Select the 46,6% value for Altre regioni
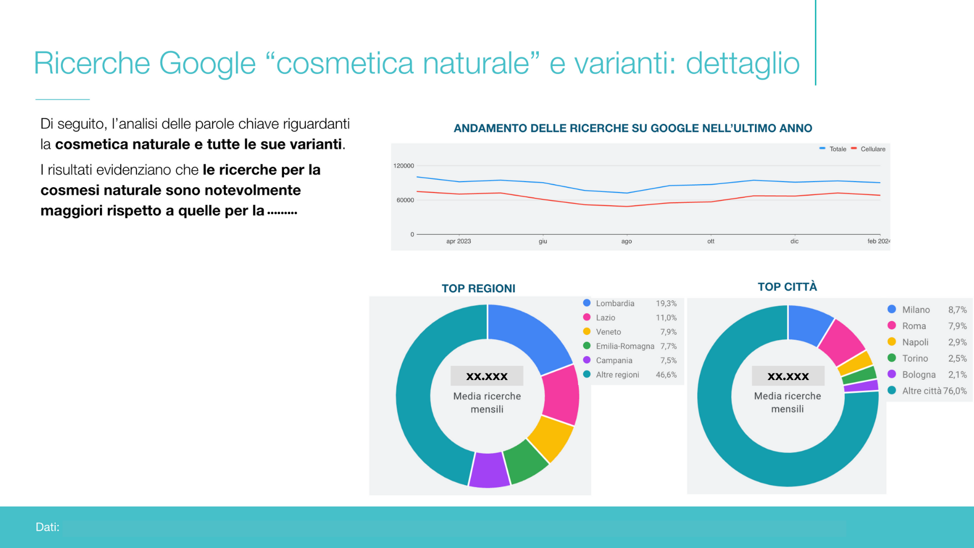(x=666, y=375)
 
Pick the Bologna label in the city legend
(x=919, y=374)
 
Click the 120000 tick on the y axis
(x=404, y=166)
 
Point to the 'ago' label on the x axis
(x=627, y=242)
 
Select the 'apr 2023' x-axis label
(x=459, y=242)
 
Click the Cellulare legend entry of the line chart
(x=868, y=149)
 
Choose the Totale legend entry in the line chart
(x=833, y=149)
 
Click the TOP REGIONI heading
(x=478, y=289)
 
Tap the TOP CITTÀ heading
(x=787, y=287)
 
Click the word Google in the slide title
(x=207, y=64)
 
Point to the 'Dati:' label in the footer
(x=48, y=527)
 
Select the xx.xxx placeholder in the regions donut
(x=487, y=376)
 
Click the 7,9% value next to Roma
(x=957, y=326)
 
